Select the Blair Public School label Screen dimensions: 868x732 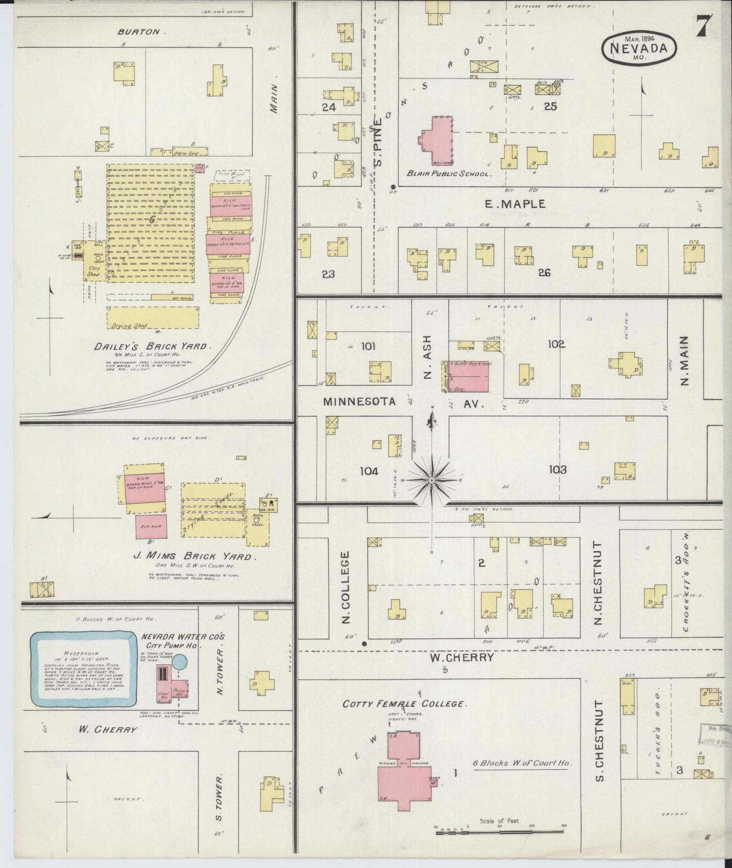coord(448,174)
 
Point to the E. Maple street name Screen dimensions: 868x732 coord(515,204)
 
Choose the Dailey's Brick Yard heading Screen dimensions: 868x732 coord(150,346)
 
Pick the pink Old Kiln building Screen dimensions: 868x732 coord(151,527)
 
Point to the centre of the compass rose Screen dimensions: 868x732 coord(431,480)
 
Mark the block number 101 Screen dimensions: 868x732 coord(368,346)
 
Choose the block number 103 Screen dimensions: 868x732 coord(557,469)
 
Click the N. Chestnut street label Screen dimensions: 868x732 coord(598,583)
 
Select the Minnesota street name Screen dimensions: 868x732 coord(359,402)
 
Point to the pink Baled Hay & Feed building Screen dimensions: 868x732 coord(467,376)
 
